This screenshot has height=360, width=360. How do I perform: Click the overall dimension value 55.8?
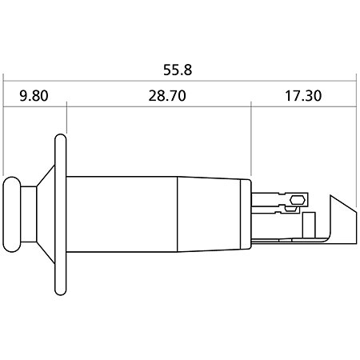[x=178, y=70]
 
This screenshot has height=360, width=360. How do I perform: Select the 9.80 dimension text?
[x=34, y=96]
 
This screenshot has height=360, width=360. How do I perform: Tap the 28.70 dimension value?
[x=167, y=96]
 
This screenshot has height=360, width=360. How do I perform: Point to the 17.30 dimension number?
[x=303, y=96]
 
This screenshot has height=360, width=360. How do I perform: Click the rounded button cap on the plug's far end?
[x=12, y=214]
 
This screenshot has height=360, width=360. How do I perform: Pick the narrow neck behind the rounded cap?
[x=29, y=214]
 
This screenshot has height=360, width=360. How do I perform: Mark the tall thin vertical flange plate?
[x=61, y=214]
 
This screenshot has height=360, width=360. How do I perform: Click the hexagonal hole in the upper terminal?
[x=298, y=200]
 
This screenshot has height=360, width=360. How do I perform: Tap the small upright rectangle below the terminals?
[x=310, y=225]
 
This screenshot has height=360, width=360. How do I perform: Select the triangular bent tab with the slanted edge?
[x=342, y=219]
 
